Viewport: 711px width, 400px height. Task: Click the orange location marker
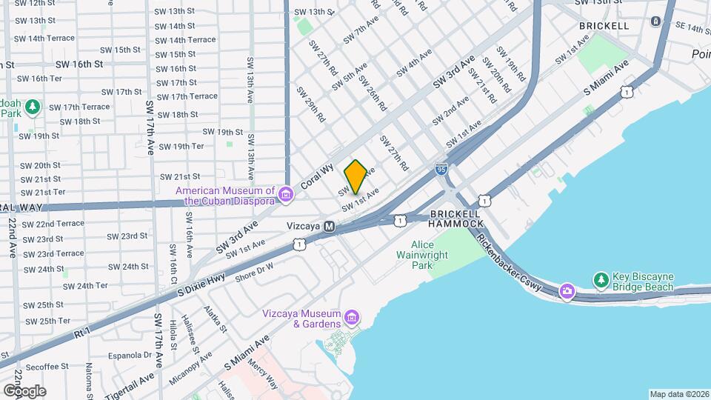coord(355,176)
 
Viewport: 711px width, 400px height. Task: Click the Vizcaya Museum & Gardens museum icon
coord(352,319)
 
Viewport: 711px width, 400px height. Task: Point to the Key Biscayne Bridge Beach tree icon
coord(601,280)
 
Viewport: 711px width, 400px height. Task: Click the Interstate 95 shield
coord(441,170)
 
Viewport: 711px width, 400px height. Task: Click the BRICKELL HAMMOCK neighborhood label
coord(455,218)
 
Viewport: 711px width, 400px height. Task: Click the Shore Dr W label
coord(254,273)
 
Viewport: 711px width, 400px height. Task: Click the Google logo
coord(24,390)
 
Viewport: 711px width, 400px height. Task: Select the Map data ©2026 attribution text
coord(678,394)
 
